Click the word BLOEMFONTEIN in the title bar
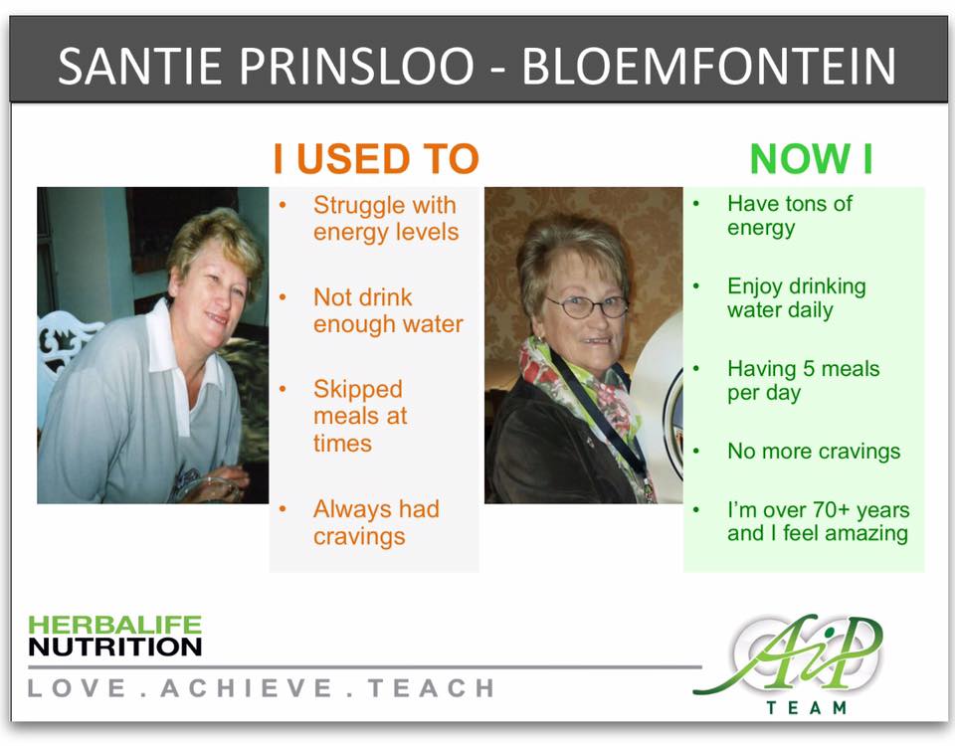pos(709,67)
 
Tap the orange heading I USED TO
pos(376,159)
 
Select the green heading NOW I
pos(811,159)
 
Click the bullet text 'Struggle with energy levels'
pos(385,219)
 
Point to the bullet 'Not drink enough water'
pos(388,310)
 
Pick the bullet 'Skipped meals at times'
pos(359,416)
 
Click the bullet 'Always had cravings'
pos(375,522)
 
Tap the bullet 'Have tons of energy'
pos(790,216)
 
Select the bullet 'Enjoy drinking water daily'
pos(796,298)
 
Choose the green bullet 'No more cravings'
pos(814,452)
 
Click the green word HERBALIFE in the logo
pos(114,625)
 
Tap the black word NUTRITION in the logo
pos(114,648)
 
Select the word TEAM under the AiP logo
pos(807,708)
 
